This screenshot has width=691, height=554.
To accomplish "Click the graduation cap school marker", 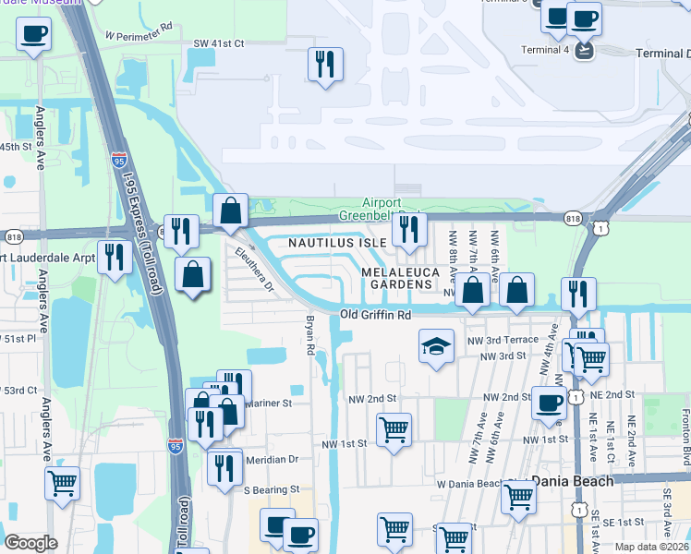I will tap(437, 347).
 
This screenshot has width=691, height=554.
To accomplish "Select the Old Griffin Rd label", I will tap(375, 315).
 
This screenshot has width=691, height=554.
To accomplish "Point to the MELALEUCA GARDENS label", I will tap(397, 279).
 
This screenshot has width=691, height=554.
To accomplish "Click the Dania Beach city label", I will tap(574, 481).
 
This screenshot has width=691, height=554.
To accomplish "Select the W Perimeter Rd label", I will tap(139, 34).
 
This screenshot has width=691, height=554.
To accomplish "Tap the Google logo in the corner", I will tap(30, 542).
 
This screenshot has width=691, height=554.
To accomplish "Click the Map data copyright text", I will tap(651, 547).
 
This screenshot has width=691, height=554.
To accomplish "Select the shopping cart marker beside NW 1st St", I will tap(394, 429).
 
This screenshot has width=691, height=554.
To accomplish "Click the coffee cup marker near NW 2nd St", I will tap(549, 403).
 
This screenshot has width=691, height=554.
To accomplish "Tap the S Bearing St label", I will tap(271, 488).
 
